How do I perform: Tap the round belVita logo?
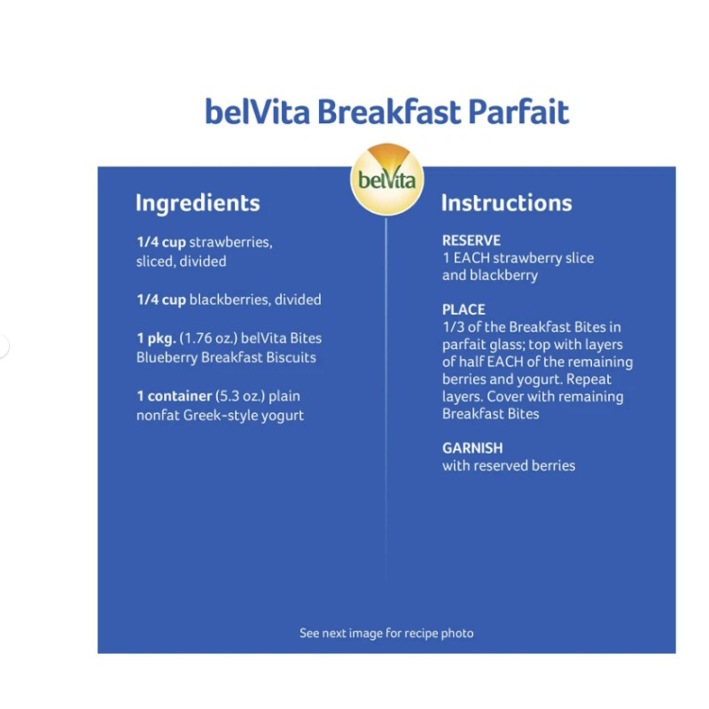coord(387,178)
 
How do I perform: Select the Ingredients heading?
coord(198,203)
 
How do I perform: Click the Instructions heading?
coord(506,203)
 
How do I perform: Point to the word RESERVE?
coord(471,240)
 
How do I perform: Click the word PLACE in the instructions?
coord(464,309)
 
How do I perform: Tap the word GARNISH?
coord(472,448)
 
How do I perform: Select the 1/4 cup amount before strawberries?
coord(160,243)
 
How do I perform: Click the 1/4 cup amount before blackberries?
coord(160,300)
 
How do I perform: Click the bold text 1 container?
coord(175,396)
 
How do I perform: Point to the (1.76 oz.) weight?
coord(210,339)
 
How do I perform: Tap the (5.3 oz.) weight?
coord(239,396)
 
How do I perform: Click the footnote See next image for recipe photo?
coord(386,633)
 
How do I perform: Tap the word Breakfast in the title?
coord(389,113)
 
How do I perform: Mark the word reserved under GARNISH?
coord(503,466)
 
